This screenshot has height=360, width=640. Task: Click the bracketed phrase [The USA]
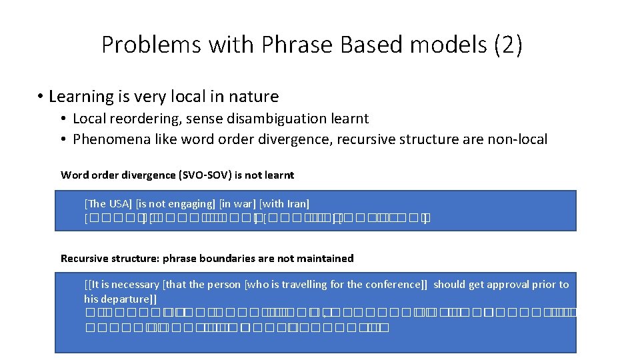[x=108, y=203]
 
